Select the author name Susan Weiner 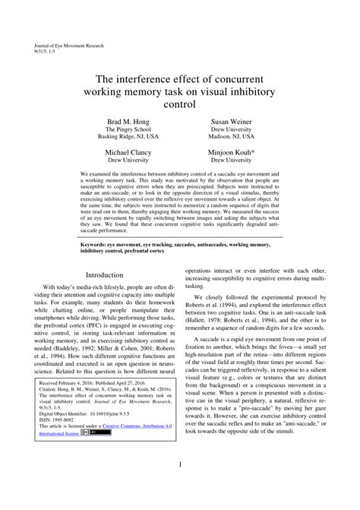coord(232,122)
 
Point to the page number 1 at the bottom coord(179,485)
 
